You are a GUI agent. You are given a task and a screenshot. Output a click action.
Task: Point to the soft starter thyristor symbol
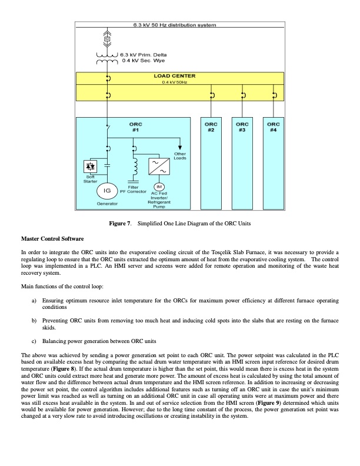(91, 165)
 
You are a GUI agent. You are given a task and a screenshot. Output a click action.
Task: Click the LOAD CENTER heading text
(175, 76)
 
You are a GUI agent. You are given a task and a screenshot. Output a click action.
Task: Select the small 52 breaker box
(108, 39)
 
